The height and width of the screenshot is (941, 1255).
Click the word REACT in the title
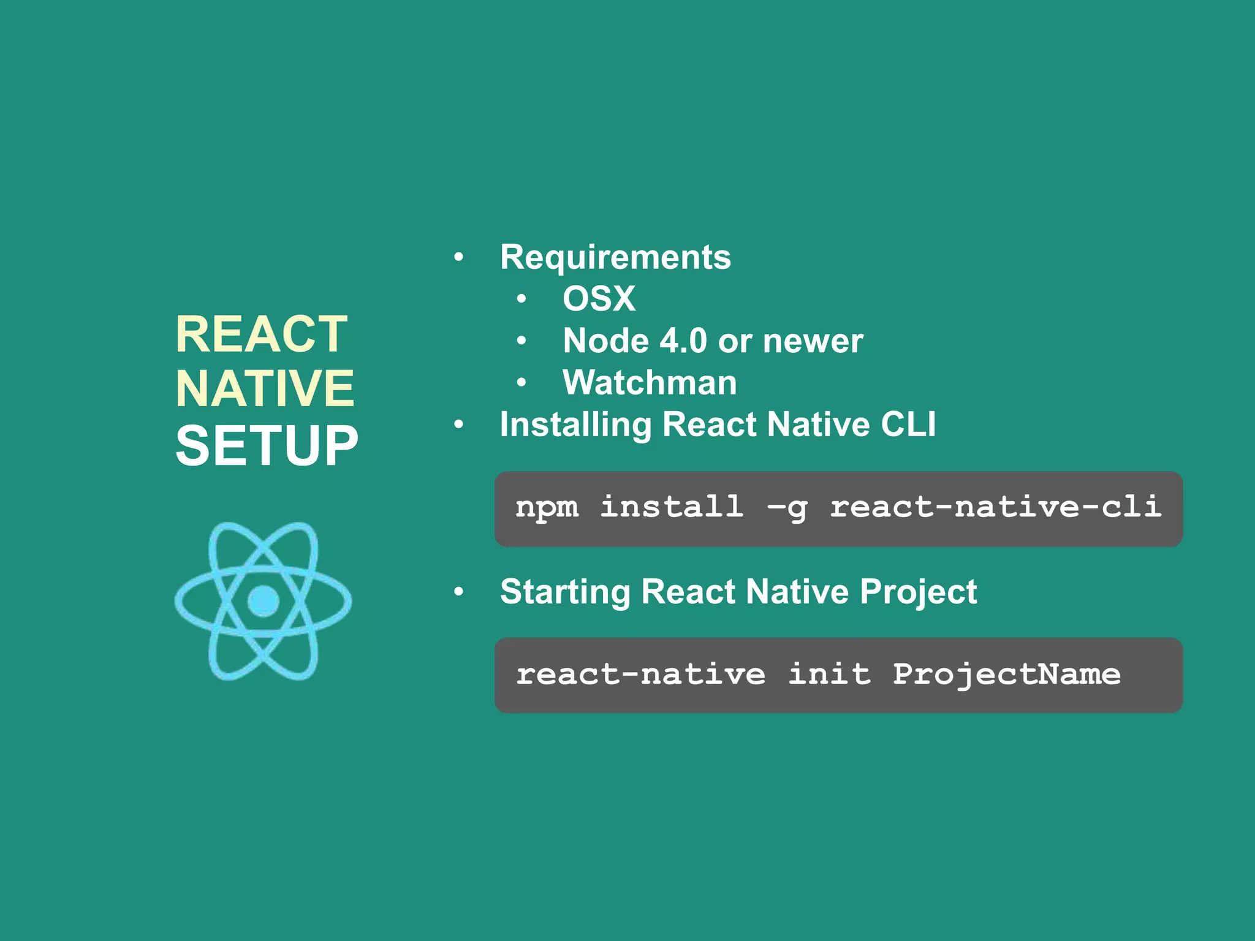point(262,334)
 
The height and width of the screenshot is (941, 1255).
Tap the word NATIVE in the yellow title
point(265,388)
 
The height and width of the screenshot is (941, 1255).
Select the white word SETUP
point(267,445)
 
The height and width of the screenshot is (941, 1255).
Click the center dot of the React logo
point(264,601)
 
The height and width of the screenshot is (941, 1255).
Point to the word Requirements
point(615,257)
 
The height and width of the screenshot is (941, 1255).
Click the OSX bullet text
point(599,299)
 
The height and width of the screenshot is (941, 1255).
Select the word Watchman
point(650,383)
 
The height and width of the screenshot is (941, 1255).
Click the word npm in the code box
point(547,507)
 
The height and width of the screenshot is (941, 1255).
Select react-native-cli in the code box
point(996,507)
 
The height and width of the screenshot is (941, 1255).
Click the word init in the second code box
point(829,674)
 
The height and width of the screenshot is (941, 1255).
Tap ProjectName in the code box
point(1007,675)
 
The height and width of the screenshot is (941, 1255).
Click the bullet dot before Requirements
point(458,257)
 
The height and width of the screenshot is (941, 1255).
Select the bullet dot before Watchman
point(521,383)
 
